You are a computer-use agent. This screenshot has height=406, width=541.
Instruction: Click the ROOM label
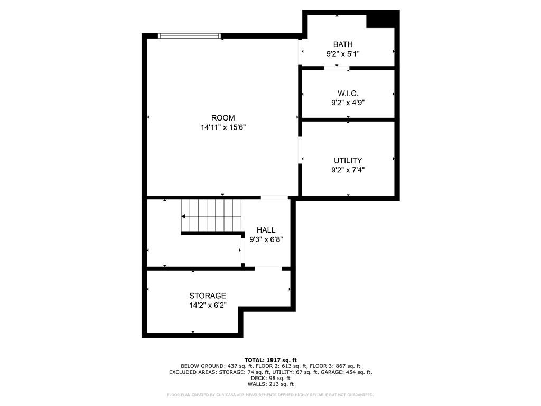pos(223,118)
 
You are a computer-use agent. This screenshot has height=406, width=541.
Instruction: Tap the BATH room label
pos(343,44)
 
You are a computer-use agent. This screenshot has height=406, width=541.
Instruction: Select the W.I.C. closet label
pos(348,93)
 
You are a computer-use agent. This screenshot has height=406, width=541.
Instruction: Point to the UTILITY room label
pos(348,161)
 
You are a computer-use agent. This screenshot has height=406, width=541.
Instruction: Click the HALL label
pos(266,230)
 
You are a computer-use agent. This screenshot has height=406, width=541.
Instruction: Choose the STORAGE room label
pos(208,296)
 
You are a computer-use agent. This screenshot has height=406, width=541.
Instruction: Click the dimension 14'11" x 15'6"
pos(223,127)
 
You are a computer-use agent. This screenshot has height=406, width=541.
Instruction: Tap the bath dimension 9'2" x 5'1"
pos(343,54)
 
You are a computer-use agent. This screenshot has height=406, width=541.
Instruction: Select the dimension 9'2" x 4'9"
pos(348,103)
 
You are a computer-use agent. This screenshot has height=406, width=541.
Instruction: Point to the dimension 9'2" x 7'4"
pos(348,170)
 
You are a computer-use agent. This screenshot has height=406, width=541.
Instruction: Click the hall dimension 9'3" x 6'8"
pos(266,239)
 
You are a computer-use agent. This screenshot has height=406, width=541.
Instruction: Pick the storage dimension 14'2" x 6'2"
pos(208,305)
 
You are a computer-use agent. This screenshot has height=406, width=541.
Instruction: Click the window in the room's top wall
pos(189,35)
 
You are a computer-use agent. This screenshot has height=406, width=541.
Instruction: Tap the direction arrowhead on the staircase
pos(183,216)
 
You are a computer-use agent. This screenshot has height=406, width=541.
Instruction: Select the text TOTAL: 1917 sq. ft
pos(270,360)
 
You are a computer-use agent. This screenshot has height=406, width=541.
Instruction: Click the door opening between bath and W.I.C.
pos(337,68)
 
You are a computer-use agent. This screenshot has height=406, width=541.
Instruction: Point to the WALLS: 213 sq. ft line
pos(270,384)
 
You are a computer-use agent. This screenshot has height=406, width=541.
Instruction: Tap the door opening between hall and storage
pos(268,269)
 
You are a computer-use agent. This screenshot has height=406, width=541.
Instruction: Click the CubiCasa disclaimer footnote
pos(270,395)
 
